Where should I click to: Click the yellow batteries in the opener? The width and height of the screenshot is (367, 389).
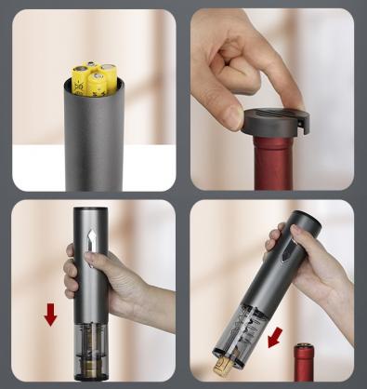[x=92, y=78]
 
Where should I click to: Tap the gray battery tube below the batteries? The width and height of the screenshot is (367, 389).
[x=94, y=140]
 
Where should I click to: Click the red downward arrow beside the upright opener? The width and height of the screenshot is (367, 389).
[x=50, y=315]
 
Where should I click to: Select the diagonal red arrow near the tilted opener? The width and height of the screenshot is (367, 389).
[x=276, y=335]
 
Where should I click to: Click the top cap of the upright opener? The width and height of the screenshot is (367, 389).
[x=92, y=213]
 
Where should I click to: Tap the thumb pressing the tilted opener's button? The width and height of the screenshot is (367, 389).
[x=276, y=240]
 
